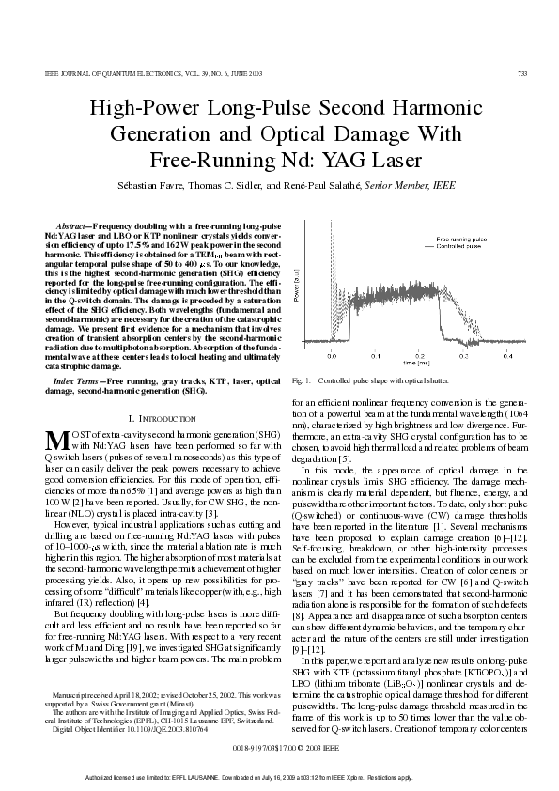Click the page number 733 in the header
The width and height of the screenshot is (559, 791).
point(520,72)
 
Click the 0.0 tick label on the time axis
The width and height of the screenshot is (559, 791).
point(332,357)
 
